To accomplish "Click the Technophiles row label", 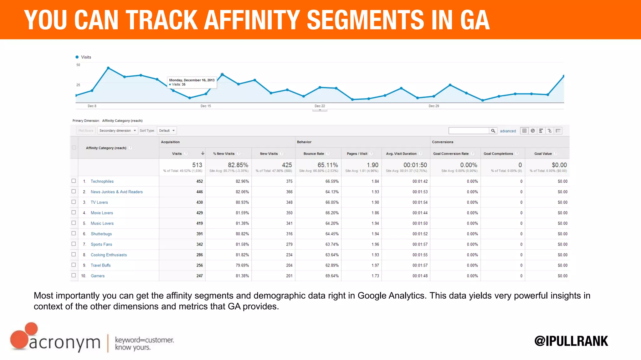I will coord(102,181).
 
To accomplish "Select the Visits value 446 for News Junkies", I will coord(199,192).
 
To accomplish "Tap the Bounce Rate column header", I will coord(314,154).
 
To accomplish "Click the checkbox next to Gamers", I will coord(74,276).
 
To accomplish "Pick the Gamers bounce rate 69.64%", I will coord(332,276).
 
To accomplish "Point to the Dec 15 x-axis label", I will coord(206,106).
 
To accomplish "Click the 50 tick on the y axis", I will coord(78,65).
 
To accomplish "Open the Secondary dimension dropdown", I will coord(118,131).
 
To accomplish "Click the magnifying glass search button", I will coord(493,131).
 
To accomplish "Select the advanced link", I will coord(508,131).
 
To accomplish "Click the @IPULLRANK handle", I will coord(571,341).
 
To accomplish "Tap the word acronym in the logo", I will coord(64,343).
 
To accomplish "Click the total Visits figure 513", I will coord(197,165).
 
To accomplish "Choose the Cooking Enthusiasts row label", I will coord(109,255).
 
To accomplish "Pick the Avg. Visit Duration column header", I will coord(401,154).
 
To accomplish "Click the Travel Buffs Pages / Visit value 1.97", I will coord(375,266).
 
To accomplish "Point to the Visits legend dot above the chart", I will coord(77,57).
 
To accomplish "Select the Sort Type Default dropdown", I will coord(167,131).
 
